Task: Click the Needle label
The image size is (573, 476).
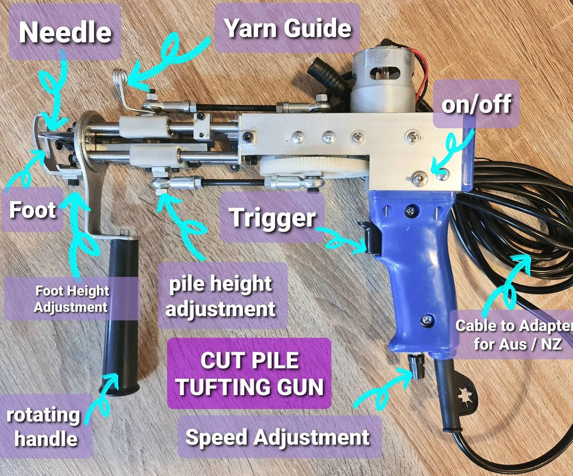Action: point(65,32)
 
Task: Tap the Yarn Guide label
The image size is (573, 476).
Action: point(288,28)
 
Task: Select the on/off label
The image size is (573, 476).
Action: point(475,104)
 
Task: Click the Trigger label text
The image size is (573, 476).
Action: point(273,218)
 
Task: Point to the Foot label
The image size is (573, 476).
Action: point(33,210)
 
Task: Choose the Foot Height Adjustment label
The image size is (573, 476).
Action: point(71,299)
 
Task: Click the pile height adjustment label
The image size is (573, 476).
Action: point(221,296)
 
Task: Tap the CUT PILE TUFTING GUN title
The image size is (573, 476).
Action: point(249,373)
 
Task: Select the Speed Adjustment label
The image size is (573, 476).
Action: point(277,437)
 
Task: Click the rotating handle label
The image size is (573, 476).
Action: point(43,427)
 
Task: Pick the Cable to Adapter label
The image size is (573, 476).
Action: point(513,335)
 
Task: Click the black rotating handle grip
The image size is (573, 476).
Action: point(121,312)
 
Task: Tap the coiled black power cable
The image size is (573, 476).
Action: point(513,226)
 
